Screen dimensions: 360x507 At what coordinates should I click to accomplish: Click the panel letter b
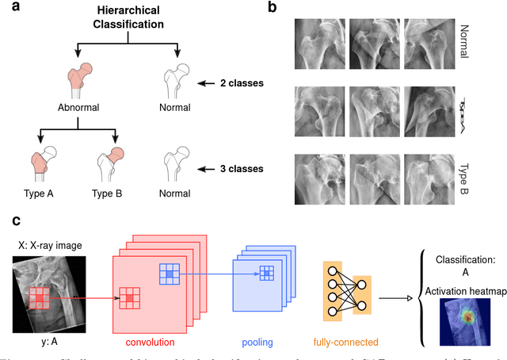point(272,9)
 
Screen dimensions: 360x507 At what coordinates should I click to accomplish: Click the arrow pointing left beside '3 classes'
point(208,168)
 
